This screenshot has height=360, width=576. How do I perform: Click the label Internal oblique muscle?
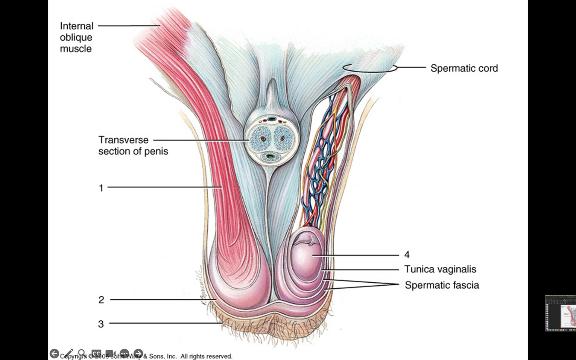(76, 37)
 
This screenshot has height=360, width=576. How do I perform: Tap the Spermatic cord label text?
(464, 68)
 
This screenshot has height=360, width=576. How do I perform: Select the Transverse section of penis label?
(133, 145)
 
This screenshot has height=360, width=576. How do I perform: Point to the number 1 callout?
(101, 188)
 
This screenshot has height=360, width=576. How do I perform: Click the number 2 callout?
(101, 300)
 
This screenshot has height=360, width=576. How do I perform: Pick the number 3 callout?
(101, 324)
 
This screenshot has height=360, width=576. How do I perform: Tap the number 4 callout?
(407, 255)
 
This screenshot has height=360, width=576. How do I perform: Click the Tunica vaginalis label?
(440, 269)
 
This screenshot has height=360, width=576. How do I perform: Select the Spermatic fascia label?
(442, 285)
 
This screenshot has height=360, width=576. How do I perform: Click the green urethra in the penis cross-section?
(271, 156)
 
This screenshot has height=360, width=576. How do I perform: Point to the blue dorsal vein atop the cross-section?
(272, 119)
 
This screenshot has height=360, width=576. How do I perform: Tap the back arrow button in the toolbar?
(54, 354)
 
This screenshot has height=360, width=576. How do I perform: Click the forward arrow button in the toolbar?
(138, 354)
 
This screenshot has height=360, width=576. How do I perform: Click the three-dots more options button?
(124, 354)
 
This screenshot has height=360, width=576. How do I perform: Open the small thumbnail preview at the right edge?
(560, 313)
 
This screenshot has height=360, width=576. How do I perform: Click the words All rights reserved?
(206, 357)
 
